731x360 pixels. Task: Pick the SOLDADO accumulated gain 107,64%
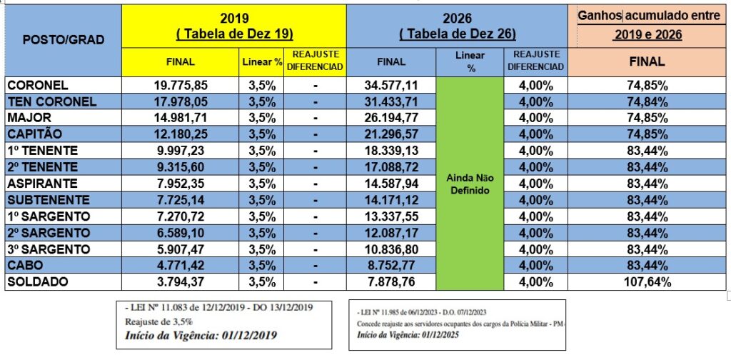click(648, 282)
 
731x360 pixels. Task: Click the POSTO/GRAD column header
click(63, 40)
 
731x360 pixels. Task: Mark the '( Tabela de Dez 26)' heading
click(458, 33)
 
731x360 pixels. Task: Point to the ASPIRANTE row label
click(39, 184)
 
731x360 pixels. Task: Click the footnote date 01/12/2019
click(243, 334)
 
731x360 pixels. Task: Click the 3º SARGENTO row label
click(49, 249)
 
